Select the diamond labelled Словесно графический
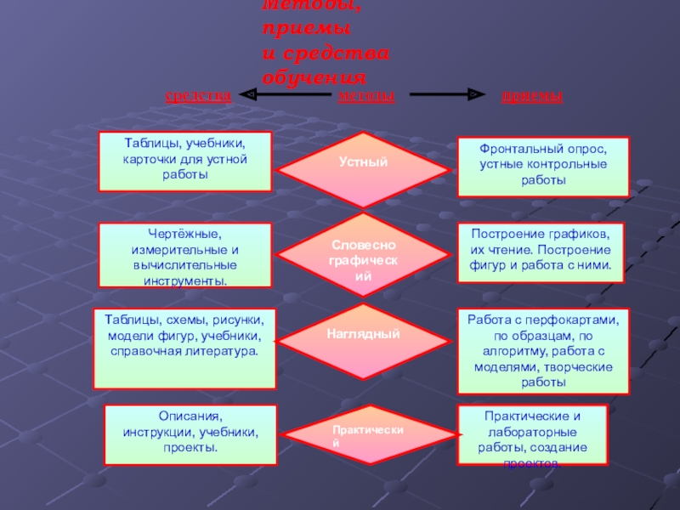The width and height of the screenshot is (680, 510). point(364,252)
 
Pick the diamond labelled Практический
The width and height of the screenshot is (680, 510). point(364,435)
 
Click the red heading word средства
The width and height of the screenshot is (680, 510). point(197,96)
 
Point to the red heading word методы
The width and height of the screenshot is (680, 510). point(366,96)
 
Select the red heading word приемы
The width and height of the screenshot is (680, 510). point(531,96)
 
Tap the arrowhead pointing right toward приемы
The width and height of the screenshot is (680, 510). point(475,95)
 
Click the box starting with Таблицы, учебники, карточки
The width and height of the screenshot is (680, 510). point(184,161)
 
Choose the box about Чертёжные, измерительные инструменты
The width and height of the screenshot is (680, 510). point(184,255)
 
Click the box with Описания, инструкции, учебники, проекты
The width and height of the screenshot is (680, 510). point(190,434)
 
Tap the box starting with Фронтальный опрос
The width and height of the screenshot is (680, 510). point(543,167)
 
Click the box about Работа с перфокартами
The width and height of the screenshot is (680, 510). point(543,351)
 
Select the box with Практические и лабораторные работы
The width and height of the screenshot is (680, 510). point(532,435)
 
